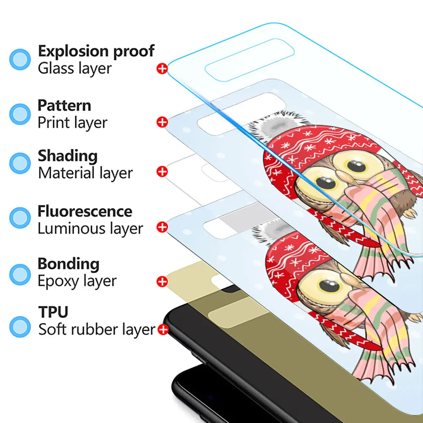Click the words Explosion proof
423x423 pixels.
coord(96,51)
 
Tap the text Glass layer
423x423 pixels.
coord(74,68)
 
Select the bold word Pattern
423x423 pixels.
coord(64,105)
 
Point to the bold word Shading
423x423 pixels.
coord(68,156)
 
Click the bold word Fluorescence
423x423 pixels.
coord(85,211)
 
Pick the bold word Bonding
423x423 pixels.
coord(69,264)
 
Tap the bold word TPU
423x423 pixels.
coord(53,312)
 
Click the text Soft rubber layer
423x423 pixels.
coord(97,329)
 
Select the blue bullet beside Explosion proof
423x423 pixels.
coord(20,59)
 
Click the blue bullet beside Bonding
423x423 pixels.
coord(20,274)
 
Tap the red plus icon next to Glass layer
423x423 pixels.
coord(162,68)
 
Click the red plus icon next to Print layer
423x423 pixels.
coord(162,122)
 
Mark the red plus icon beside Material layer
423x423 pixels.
coord(162,172)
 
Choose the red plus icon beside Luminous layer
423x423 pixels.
coord(162,227)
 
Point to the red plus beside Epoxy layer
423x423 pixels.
coord(162,281)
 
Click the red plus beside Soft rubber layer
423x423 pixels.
coord(162,329)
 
